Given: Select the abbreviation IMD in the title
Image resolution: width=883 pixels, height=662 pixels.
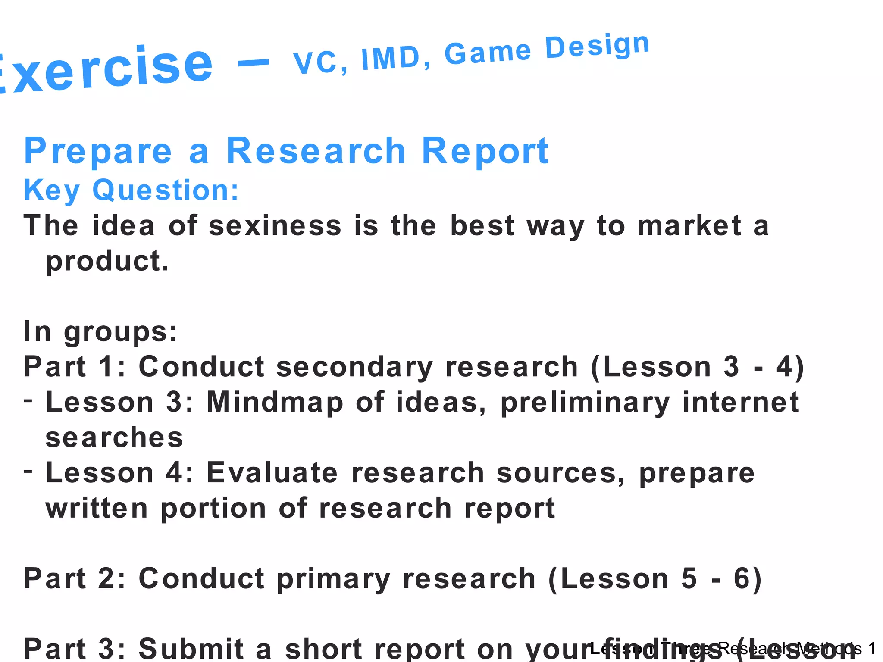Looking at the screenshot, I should tap(391, 58).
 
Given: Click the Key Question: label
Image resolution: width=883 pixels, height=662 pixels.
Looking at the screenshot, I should tap(131, 190).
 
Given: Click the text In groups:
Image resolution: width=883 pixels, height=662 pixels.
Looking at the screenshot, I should tap(100, 331).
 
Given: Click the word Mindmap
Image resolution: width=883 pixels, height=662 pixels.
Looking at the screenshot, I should tap(275, 402).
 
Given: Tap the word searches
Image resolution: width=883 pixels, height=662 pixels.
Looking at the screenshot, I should tap(114, 437).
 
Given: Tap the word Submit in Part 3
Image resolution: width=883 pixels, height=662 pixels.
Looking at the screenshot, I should tap(191, 648).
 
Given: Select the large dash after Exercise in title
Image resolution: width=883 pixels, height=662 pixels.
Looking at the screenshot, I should tap(254, 64).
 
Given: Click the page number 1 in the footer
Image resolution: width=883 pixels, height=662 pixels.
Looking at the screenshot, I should tap(872, 648).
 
